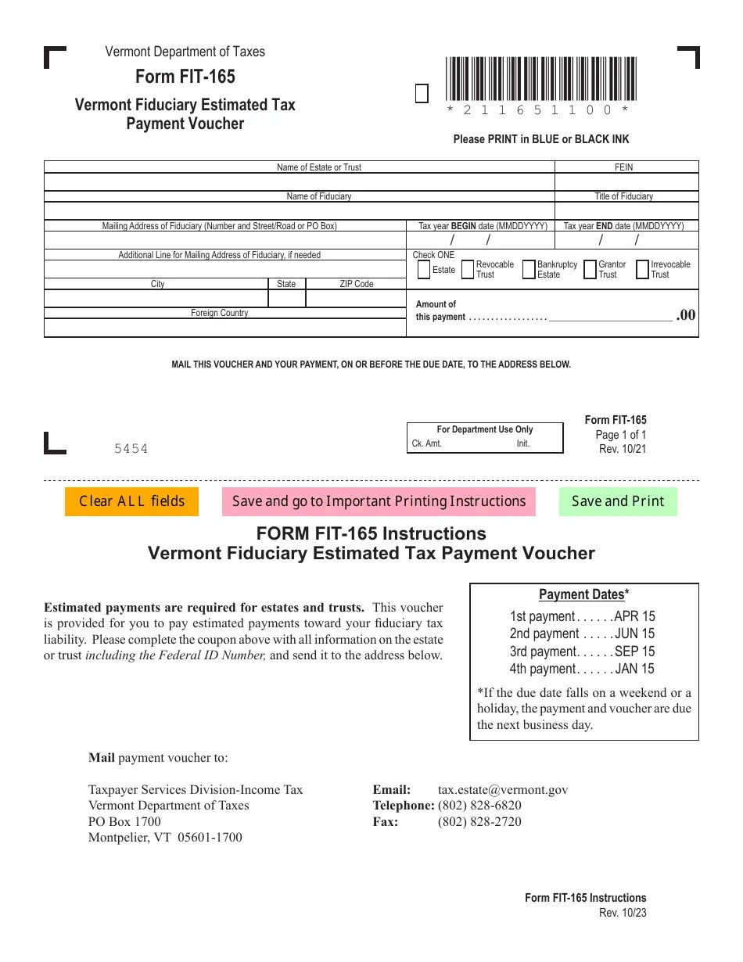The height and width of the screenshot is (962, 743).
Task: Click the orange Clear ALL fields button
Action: tap(131, 501)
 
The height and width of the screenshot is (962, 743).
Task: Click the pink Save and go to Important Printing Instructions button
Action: tap(379, 501)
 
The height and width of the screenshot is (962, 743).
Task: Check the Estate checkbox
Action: tap(423, 270)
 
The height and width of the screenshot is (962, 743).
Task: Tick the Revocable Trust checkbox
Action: tap(467, 270)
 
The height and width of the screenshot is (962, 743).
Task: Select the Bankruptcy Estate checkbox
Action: tap(529, 270)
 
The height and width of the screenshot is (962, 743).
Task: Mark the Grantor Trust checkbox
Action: tap(590, 270)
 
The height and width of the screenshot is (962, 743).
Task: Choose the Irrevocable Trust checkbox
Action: tap(643, 270)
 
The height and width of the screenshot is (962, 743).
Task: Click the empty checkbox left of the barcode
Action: tap(422, 95)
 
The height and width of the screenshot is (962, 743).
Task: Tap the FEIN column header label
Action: tap(624, 167)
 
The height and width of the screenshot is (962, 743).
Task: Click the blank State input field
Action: tap(286, 299)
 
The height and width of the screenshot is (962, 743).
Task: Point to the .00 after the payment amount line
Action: tap(685, 314)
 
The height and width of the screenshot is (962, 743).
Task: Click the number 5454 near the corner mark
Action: tap(131, 449)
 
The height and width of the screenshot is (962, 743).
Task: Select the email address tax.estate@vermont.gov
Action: tap(503, 790)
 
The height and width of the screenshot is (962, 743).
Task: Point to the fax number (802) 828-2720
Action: tap(479, 821)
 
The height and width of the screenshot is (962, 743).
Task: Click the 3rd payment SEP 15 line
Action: tap(582, 652)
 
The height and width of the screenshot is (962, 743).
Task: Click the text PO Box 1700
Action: tap(125, 821)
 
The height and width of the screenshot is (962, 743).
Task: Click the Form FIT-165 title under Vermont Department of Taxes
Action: tap(185, 77)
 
